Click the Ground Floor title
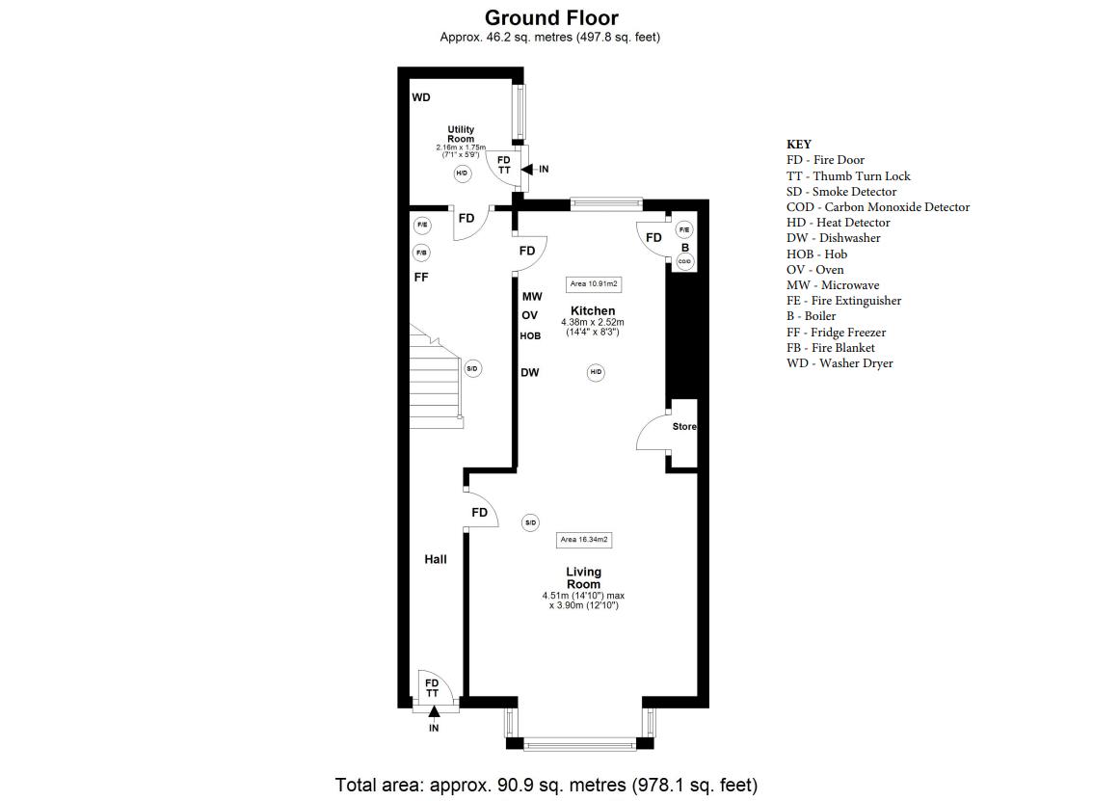pyautogui.click(x=551, y=17)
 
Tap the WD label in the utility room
pyautogui.click(x=421, y=97)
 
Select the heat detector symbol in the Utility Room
pyautogui.click(x=462, y=173)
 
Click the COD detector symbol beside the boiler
pyautogui.click(x=684, y=262)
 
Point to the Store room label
pyautogui.click(x=683, y=426)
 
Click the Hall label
pyautogui.click(x=436, y=559)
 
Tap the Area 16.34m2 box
pyautogui.click(x=584, y=540)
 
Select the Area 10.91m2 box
pyautogui.click(x=593, y=284)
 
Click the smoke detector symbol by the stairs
pyautogui.click(x=471, y=369)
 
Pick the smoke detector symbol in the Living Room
pyautogui.click(x=530, y=522)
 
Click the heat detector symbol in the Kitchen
pyautogui.click(x=596, y=372)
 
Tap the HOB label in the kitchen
pyautogui.click(x=530, y=335)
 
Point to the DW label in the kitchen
pyautogui.click(x=529, y=372)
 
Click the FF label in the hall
pyautogui.click(x=421, y=277)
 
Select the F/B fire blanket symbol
pyautogui.click(x=422, y=253)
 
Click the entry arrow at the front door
pyautogui.click(x=434, y=711)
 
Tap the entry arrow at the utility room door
pyautogui.click(x=526, y=170)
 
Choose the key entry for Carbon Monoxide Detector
pyautogui.click(x=878, y=207)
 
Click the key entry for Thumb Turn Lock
pyautogui.click(x=848, y=175)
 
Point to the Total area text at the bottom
pyautogui.click(x=546, y=785)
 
